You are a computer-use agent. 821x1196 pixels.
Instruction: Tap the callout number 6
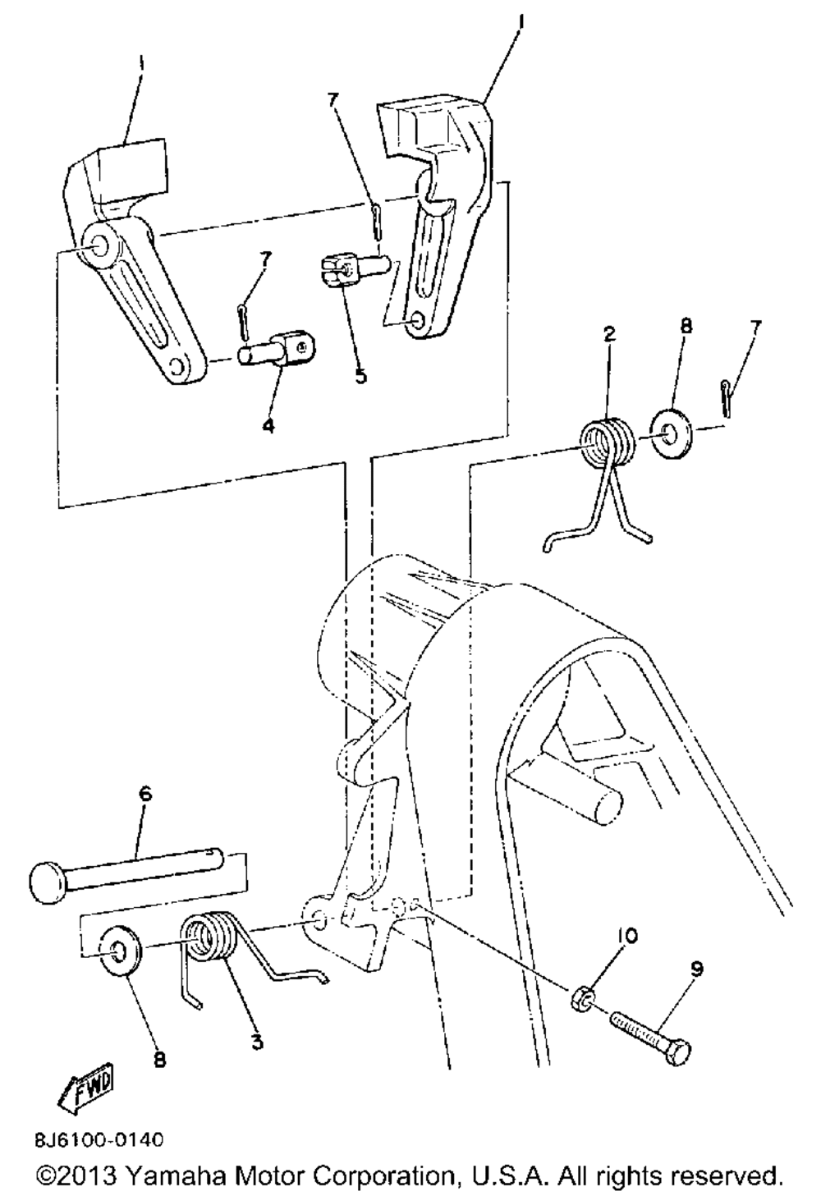(145, 795)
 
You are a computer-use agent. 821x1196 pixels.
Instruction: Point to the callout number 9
(696, 969)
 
